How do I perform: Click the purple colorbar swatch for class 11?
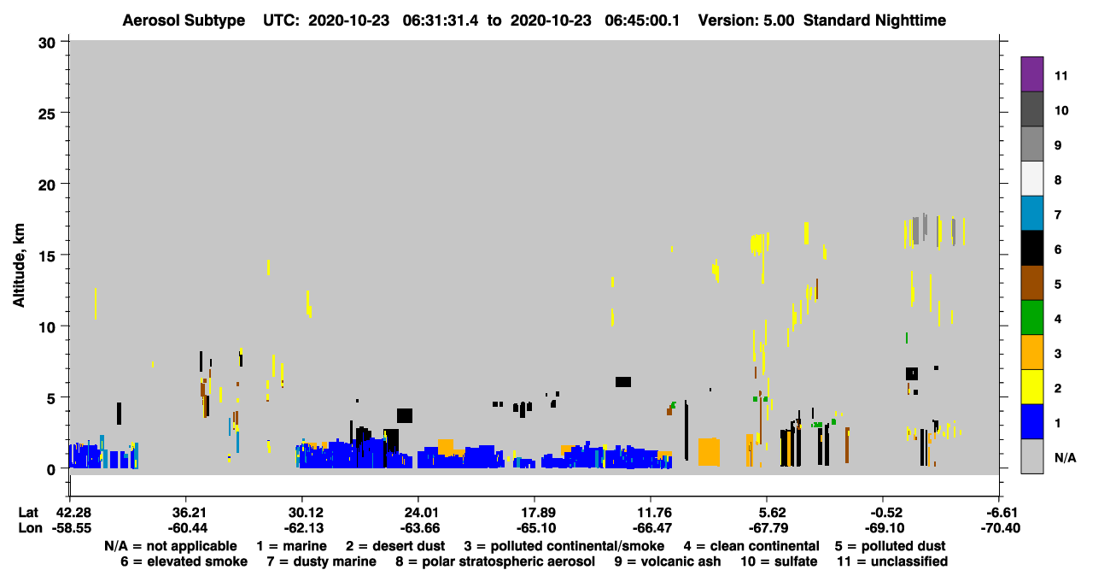1031,74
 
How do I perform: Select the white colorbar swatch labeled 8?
1031,179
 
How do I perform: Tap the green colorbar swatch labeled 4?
1031,318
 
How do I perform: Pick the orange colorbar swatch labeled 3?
1031,352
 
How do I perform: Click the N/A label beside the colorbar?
1065,457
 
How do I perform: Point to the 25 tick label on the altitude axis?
47,114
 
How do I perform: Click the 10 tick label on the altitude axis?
47,327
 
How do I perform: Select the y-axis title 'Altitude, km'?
18,266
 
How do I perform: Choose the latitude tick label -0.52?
883,513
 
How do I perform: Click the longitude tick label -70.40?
1000,528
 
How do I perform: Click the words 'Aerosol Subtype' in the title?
184,21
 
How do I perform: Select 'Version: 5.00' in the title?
746,21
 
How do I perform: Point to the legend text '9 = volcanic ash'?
668,561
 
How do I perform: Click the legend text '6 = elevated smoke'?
184,561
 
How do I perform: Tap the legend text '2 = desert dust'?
395,546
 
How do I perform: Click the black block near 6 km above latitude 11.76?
623,382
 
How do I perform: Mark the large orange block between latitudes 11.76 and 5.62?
709,452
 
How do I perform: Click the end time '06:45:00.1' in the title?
642,21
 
